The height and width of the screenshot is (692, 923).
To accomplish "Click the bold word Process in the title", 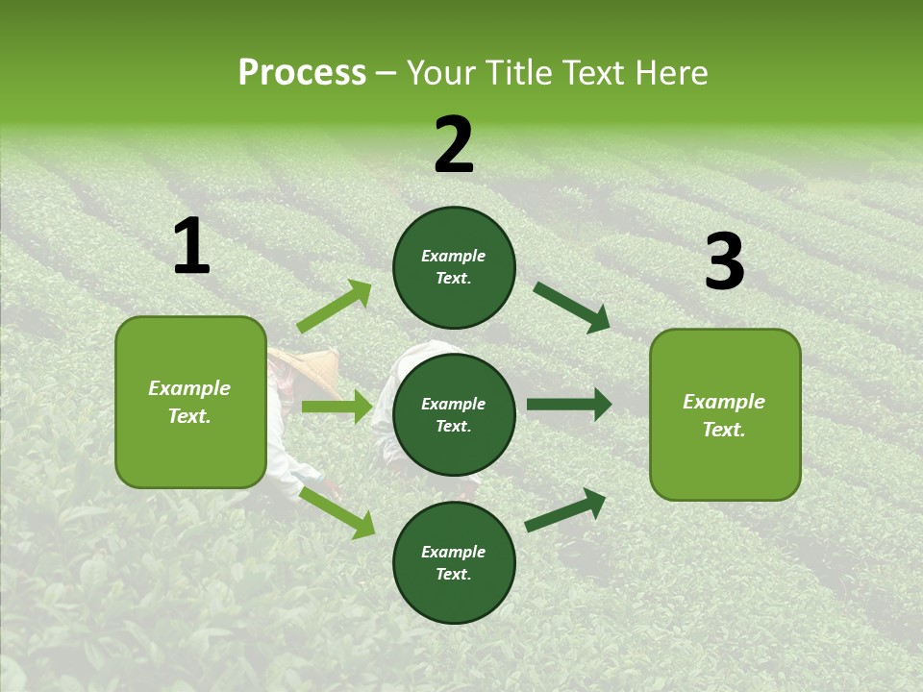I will coord(302,73).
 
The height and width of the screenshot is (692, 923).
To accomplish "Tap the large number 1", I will coord(191,247).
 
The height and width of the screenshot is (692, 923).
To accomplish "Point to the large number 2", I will coord(454,145).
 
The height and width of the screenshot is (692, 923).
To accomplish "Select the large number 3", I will coord(724,262).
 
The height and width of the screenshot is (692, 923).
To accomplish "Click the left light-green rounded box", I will coord(190,402).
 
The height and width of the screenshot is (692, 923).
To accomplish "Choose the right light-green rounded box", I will coord(725,414).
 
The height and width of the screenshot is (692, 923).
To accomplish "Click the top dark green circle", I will coord(454,267).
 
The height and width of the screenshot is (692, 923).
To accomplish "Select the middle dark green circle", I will coord(454,414).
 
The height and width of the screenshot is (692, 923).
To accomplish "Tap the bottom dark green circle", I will coord(454,562).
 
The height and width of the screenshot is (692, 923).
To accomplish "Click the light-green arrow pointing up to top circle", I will coord(335,307).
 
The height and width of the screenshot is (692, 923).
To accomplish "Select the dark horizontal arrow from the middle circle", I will coord(569,405).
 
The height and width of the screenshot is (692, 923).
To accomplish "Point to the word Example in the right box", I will coord(724,402).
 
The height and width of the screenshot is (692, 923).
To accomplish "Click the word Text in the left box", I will coord(188,416).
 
